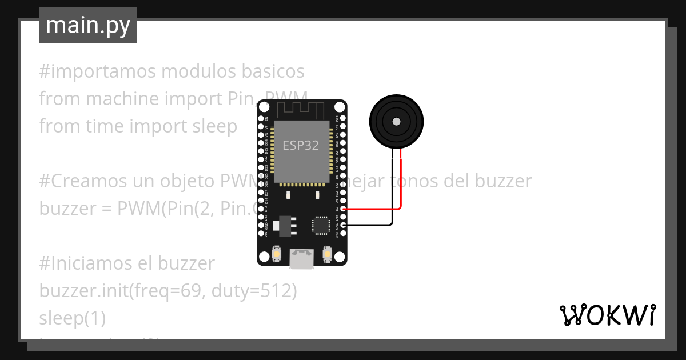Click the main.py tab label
click(x=87, y=25)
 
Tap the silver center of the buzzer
click(x=396, y=121)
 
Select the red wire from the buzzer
click(x=401, y=183)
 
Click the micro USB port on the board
click(x=301, y=258)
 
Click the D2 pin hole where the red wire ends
click(x=342, y=209)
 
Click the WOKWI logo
click(x=607, y=315)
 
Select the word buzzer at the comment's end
click(x=503, y=181)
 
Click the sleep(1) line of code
click(x=72, y=318)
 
